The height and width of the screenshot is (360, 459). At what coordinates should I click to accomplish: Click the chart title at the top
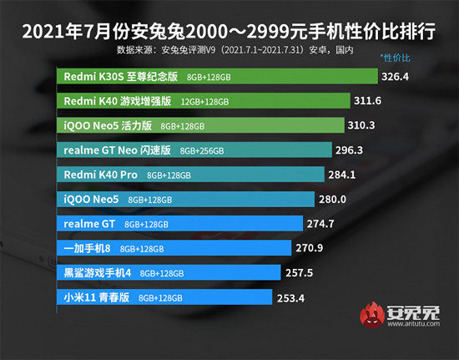pos(229,31)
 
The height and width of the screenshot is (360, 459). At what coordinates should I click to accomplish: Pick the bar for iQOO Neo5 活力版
pos(201,125)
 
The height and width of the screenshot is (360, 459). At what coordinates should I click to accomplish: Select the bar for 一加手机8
pos(174,248)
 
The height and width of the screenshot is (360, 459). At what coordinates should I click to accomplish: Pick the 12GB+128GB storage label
pos(229,102)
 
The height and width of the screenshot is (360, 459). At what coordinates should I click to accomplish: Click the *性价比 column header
pos(395,58)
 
